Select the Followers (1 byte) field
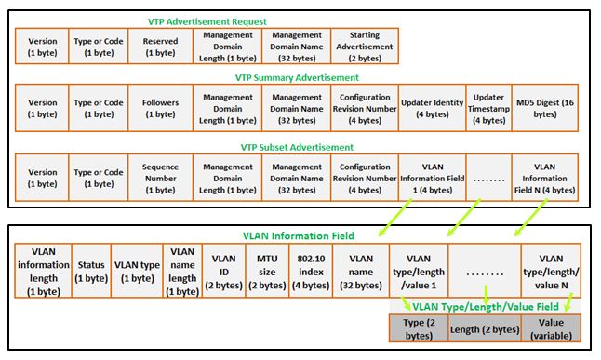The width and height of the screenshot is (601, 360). click(x=160, y=108)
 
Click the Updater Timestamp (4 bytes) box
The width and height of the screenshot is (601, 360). click(x=488, y=108)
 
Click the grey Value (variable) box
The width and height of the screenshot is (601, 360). click(x=553, y=327)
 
